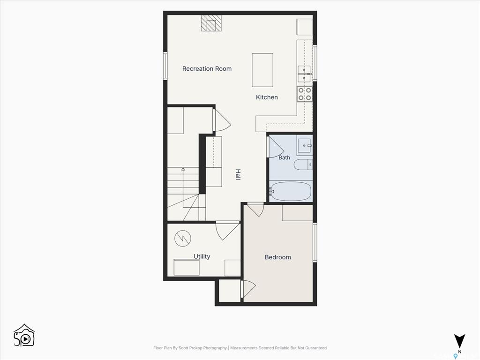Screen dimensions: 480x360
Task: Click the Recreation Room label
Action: click(207, 69)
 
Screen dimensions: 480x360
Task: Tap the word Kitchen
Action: click(267, 97)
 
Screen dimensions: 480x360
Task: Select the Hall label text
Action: click(238, 174)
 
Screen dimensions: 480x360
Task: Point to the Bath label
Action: click(284, 157)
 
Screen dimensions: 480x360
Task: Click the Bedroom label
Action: click(278, 257)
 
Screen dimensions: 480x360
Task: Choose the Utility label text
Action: click(202, 256)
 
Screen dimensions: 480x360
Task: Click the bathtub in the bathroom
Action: click(291, 192)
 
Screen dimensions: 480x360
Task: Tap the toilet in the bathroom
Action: click(303, 165)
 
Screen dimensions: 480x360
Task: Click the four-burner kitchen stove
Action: click(305, 94)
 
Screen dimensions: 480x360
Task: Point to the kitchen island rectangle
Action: click(262, 70)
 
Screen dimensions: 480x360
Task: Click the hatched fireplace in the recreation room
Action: click(211, 23)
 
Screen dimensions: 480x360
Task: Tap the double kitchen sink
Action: click(304, 74)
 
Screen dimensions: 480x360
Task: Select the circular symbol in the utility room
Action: click(183, 238)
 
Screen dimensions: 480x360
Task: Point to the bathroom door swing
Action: click(276, 147)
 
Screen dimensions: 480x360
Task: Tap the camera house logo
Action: click(24, 336)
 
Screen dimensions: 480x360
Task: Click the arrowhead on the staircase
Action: click(183, 169)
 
